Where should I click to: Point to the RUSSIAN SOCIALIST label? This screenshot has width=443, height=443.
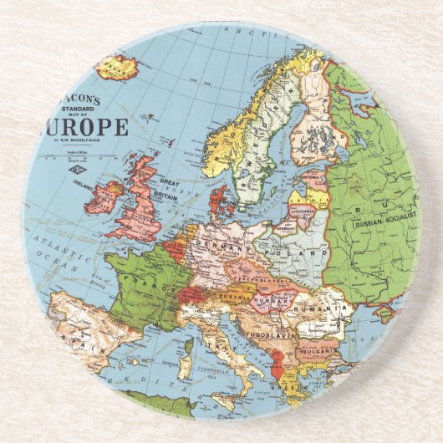[384, 222]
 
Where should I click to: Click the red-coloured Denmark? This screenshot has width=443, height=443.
[221, 201]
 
